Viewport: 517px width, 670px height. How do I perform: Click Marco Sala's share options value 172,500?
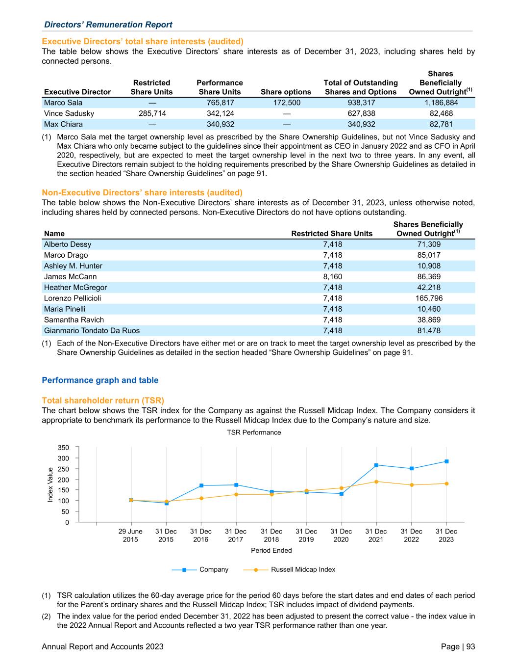pyautogui.click(x=286, y=103)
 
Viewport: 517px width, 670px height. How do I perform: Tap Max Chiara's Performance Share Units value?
pyautogui.click(x=220, y=124)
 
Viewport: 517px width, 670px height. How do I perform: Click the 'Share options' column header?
pyautogui.click(x=286, y=92)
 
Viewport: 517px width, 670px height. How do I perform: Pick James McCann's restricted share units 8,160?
pyautogui.click(x=332, y=276)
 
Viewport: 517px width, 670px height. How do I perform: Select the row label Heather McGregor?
pyautogui.click(x=75, y=287)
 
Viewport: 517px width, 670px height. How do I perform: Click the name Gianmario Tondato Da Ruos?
pyautogui.click(x=92, y=330)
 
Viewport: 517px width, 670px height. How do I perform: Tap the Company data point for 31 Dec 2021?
pyautogui.click(x=376, y=465)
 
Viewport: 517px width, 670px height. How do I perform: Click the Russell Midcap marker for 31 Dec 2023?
pyautogui.click(x=446, y=483)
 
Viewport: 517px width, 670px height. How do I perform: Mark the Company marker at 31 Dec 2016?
pyautogui.click(x=201, y=485)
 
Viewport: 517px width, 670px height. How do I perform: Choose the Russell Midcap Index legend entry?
pyautogui.click(x=303, y=569)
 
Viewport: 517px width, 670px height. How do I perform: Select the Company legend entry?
pyautogui.click(x=214, y=569)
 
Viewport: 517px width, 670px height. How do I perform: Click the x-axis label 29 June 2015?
pyautogui.click(x=130, y=536)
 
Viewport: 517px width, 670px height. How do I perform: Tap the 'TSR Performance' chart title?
pyautogui.click(x=254, y=432)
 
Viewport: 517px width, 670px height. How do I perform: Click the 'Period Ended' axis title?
pyautogui.click(x=271, y=550)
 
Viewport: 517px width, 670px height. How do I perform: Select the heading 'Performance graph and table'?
pyautogui.click(x=100, y=380)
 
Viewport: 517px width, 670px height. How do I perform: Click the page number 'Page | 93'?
pyautogui.click(x=458, y=646)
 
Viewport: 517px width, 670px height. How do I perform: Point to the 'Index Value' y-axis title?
pyautogui.click(x=50, y=484)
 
